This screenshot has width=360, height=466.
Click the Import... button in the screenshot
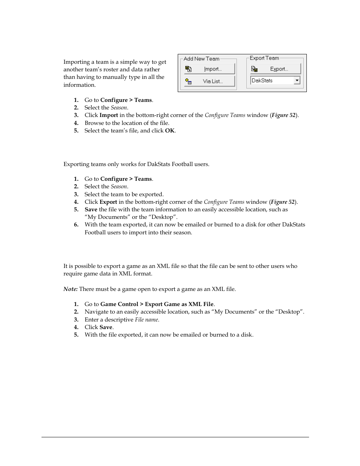[x=209, y=69]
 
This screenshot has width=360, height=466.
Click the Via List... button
[x=209, y=81]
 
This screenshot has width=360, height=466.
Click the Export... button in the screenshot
[x=275, y=69]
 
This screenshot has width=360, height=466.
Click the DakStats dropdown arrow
[x=297, y=80]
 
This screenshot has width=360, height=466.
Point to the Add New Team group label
[x=201, y=59]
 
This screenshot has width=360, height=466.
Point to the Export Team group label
[x=264, y=58]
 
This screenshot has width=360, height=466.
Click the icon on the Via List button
[x=189, y=81]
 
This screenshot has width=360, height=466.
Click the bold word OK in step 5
[x=169, y=131]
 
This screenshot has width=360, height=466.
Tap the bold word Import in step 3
[x=109, y=115]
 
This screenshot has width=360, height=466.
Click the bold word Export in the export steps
[x=108, y=202]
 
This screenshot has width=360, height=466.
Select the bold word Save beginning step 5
[x=91, y=209]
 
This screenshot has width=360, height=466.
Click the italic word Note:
[x=71, y=289]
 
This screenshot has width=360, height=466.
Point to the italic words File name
[x=147, y=320]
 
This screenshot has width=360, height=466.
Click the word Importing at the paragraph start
[x=76, y=62]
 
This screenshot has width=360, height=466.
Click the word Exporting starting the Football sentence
[x=76, y=164]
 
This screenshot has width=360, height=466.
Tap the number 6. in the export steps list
[x=76, y=225]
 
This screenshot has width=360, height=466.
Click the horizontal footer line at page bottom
[x=175, y=437]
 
